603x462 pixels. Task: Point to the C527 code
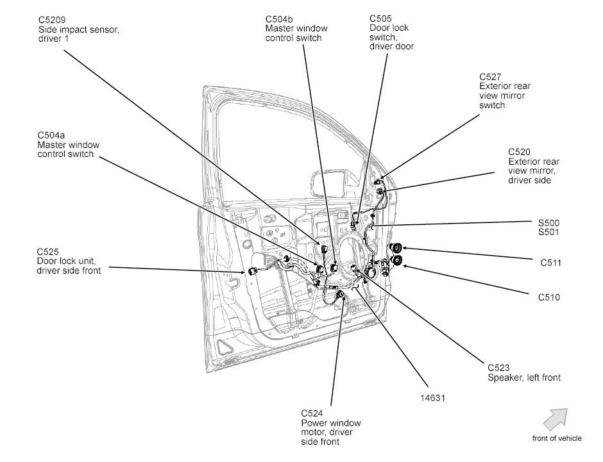(491, 77)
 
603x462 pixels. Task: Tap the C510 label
(549, 297)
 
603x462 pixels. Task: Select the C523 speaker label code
(499, 368)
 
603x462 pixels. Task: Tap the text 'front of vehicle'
(557, 438)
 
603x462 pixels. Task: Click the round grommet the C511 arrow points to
(396, 249)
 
